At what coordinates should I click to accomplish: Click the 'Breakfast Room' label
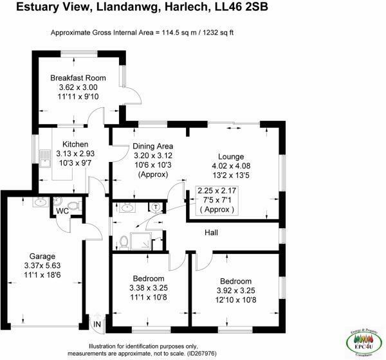click(x=78, y=78)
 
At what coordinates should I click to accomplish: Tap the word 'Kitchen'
click(x=75, y=144)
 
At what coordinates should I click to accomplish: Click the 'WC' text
click(x=62, y=211)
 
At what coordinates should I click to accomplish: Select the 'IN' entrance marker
click(x=98, y=325)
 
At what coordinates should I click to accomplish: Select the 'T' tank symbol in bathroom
click(x=156, y=207)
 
